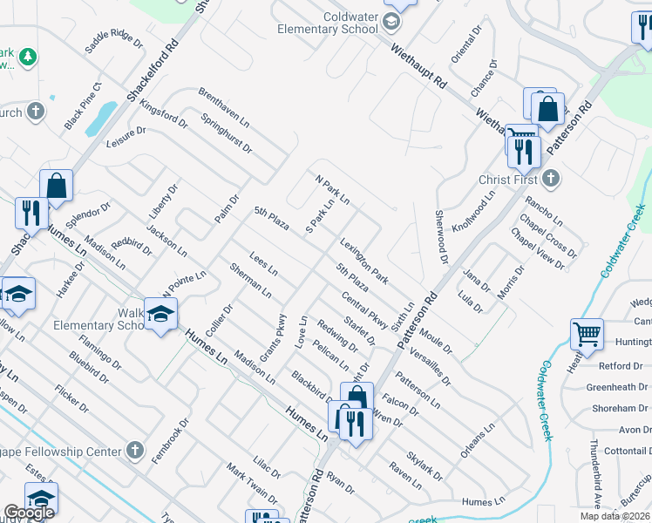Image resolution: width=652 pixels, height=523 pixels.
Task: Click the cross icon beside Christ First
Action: pos(549,179)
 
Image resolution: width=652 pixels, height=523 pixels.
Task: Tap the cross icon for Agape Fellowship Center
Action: pos(133,451)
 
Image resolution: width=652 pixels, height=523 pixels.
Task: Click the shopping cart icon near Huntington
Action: pos(587,334)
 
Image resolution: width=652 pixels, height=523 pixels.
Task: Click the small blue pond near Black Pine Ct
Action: pos(104,114)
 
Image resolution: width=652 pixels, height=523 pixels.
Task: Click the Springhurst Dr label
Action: pos(226,134)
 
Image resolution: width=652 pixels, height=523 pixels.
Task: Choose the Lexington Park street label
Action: pos(363,261)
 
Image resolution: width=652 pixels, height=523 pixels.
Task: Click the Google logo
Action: pos(29,513)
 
